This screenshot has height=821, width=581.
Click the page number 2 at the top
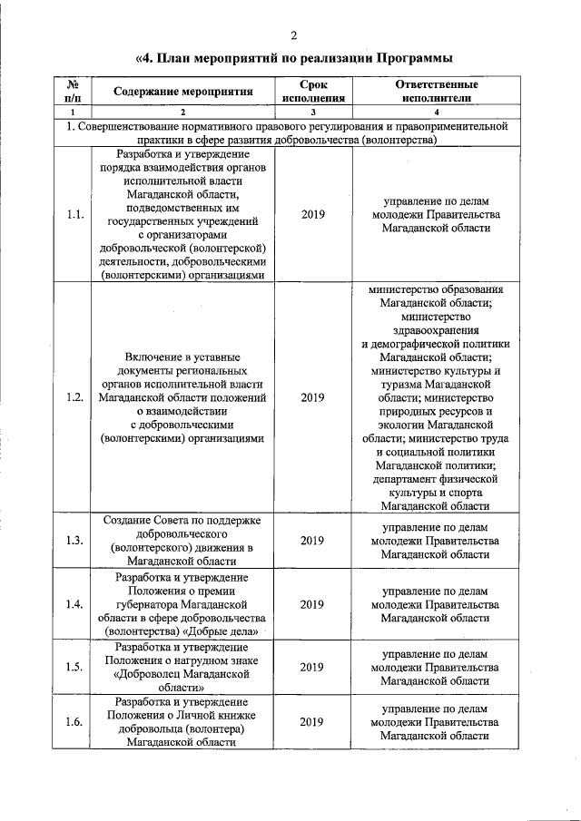294,35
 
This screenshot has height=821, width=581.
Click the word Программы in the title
407,59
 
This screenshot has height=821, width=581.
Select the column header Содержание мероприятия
182,92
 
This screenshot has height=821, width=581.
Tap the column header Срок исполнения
313,92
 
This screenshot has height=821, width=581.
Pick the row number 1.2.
75,397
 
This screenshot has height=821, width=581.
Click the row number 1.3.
75,541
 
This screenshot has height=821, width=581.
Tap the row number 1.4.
75,604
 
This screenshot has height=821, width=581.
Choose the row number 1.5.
75,667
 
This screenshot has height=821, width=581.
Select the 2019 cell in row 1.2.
312,397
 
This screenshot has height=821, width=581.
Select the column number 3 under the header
312,112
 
